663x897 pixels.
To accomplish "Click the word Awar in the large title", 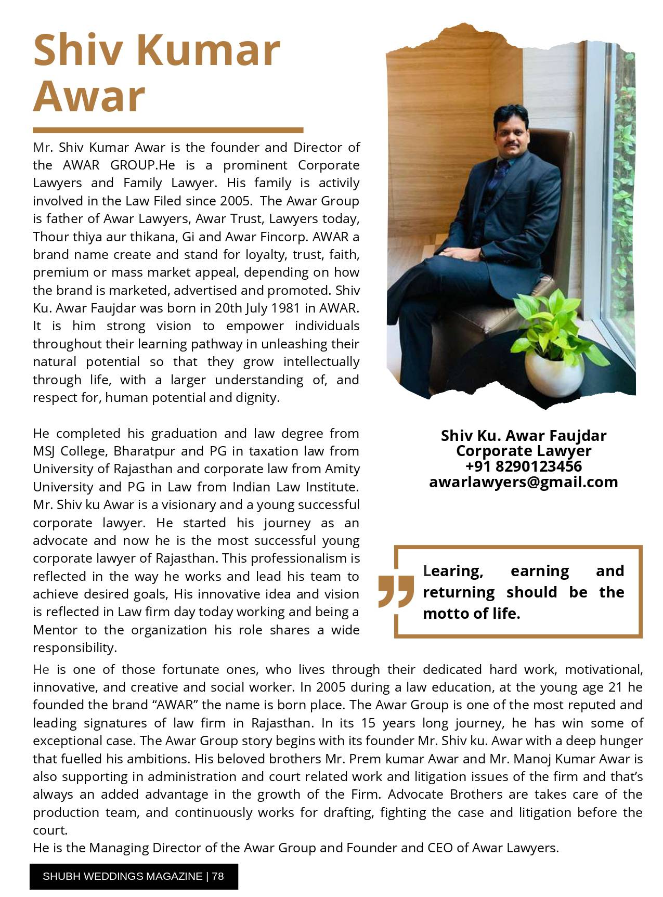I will [89, 96].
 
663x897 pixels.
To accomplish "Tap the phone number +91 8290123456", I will [523, 466].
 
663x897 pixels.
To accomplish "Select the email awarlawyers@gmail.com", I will [523, 482].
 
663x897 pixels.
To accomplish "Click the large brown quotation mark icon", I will [396, 591].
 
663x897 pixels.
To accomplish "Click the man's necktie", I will [502, 172].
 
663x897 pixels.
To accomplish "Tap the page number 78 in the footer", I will [218, 876].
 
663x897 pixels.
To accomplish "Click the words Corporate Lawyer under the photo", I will [523, 450].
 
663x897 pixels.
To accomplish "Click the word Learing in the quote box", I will [453, 571].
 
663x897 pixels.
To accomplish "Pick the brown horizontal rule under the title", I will [167, 130].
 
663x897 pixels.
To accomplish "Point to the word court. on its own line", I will [50, 830].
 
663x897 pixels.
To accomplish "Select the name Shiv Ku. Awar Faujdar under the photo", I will [523, 435].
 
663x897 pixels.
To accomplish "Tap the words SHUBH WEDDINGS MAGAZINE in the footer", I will [122, 876].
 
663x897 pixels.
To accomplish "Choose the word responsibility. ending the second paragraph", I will [75, 647].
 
